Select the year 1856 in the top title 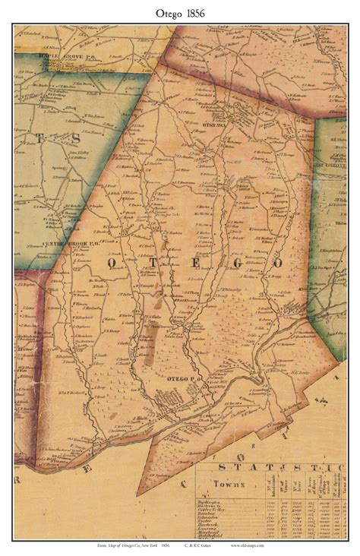[x=197, y=11]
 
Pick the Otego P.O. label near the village [x=178, y=378]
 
